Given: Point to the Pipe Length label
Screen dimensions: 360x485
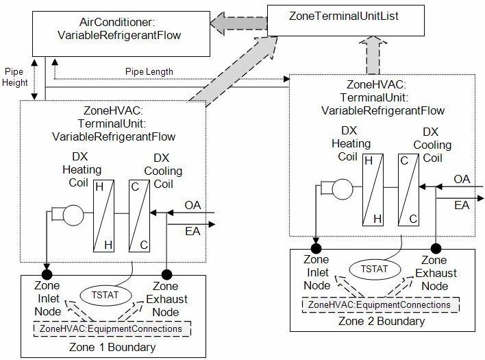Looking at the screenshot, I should (x=149, y=71).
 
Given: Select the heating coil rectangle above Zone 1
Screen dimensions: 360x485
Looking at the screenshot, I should (x=105, y=215).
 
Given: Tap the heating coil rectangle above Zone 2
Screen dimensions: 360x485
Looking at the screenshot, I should (x=374, y=189).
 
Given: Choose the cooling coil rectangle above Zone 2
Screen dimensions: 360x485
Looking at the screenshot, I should (x=410, y=189).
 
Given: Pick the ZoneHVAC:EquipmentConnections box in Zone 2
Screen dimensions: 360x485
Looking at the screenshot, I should (x=379, y=304).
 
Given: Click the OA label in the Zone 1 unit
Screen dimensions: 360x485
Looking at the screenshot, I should (x=193, y=205).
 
